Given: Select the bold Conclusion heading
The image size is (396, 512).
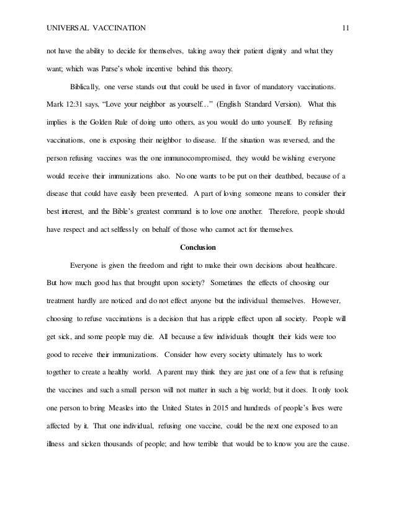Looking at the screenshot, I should pyautogui.click(x=197, y=248).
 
